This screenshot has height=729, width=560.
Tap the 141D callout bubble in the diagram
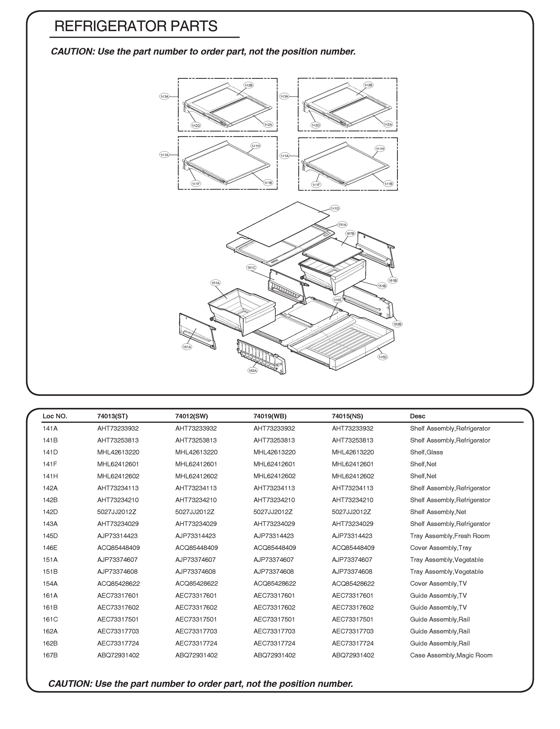[335, 208]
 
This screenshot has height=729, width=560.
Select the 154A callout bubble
[342, 224]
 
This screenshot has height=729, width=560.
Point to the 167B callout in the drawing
[350, 234]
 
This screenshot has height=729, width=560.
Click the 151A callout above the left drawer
[216, 283]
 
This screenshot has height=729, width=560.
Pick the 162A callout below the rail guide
[253, 371]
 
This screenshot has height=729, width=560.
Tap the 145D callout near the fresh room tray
[383, 357]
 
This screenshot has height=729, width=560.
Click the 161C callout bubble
[251, 268]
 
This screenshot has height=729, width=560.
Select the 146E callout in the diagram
[338, 300]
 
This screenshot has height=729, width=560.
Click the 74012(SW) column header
[191, 416]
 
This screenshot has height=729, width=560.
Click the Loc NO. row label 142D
[50, 512]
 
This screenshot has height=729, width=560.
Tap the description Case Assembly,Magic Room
[451, 655]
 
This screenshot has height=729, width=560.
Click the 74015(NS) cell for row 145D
[352, 536]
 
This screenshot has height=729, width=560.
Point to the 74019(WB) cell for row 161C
[274, 619]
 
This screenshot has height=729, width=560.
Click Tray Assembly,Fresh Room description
[450, 536]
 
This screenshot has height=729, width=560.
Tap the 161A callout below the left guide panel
[187, 347]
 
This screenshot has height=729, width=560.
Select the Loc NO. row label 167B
[50, 655]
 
